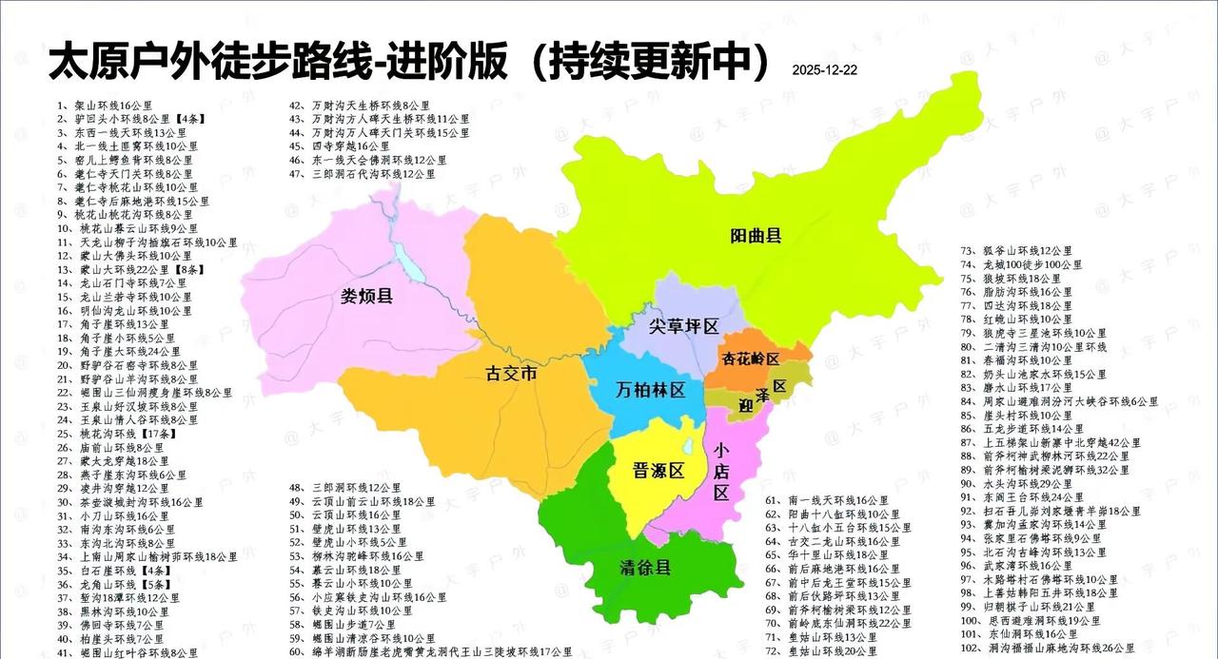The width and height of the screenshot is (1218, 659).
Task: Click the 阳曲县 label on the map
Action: tap(756, 235)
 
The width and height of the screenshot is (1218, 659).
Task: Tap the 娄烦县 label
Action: tap(367, 297)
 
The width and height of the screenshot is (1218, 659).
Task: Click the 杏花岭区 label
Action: tap(751, 359)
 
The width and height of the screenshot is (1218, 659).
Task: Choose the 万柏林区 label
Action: tap(651, 390)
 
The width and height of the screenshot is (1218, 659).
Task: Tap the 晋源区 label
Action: tap(659, 471)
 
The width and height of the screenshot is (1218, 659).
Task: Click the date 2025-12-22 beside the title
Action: tap(824, 70)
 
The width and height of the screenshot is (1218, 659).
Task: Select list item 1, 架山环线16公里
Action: tap(104, 106)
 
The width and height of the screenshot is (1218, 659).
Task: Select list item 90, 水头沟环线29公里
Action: tap(1024, 483)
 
